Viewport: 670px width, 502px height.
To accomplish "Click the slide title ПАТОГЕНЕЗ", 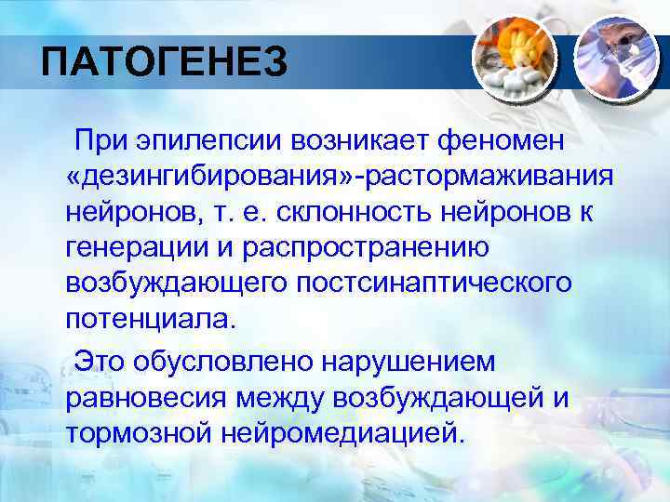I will tap(164, 64).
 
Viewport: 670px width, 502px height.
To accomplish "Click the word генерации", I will tap(134, 248).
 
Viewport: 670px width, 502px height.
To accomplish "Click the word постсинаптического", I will tap(435, 284).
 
